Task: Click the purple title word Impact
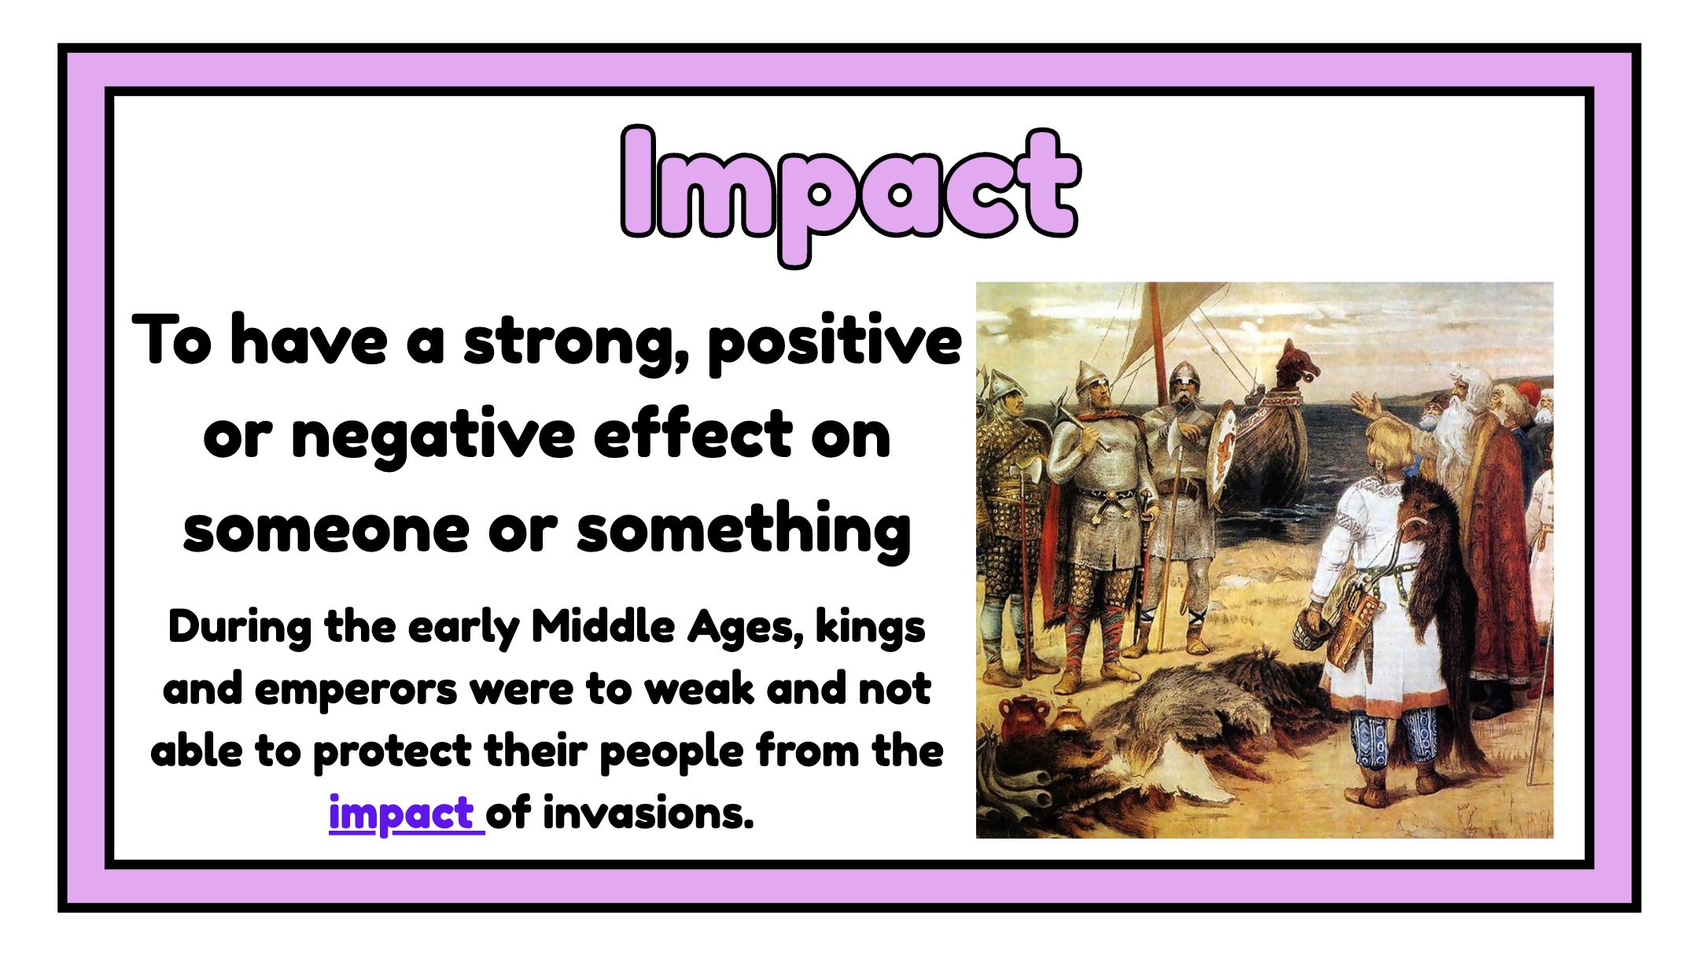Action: coord(849,194)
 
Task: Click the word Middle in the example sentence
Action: coord(603,627)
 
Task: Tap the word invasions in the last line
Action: coord(648,813)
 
